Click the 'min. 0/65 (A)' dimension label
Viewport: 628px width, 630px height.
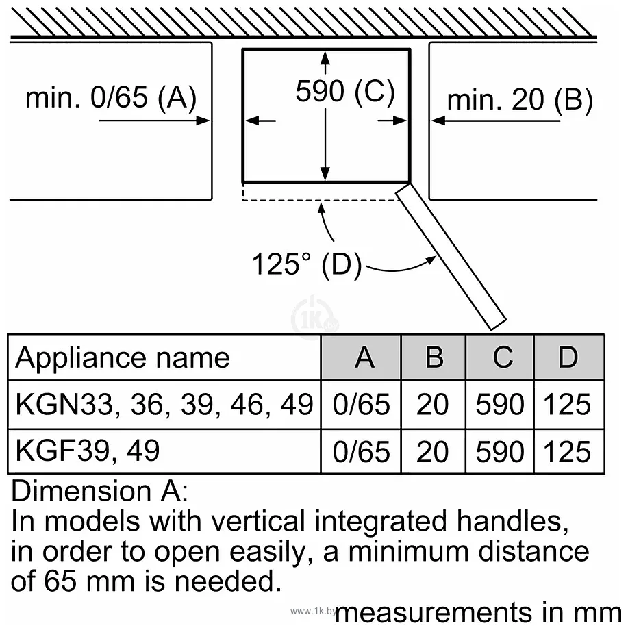[x=111, y=98]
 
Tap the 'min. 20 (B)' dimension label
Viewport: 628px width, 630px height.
[x=520, y=100]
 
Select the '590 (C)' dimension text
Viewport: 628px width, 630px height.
[x=345, y=91]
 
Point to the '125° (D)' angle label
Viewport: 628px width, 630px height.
[x=307, y=264]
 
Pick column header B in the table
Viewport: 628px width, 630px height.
[x=434, y=357]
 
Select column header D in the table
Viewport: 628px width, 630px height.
[x=568, y=357]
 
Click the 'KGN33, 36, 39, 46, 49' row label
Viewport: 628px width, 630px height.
[x=164, y=405]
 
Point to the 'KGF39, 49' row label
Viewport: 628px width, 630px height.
[x=88, y=451]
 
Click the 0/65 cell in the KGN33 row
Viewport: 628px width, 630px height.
[x=361, y=404]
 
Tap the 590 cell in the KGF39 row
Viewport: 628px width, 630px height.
[x=500, y=451]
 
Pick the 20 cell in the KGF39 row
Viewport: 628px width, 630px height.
[x=432, y=451]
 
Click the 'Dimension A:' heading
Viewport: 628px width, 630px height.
[x=99, y=490]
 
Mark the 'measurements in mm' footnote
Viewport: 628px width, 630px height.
[x=478, y=613]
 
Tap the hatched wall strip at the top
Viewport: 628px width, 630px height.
[x=303, y=23]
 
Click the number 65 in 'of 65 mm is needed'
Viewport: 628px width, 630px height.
[x=60, y=581]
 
